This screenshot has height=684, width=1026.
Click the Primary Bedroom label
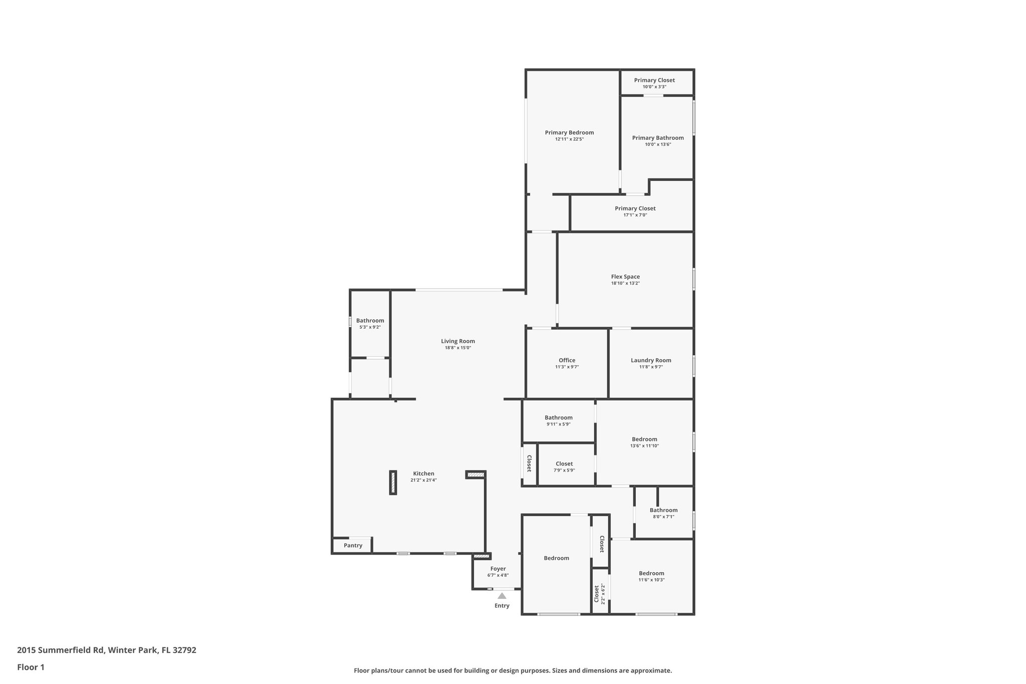[569, 133]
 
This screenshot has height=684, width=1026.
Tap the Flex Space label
[625, 277]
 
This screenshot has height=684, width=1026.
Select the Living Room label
[458, 341]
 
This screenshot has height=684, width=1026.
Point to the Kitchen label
[423, 474]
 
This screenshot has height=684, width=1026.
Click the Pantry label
[353, 545]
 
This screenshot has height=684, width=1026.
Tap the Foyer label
[498, 569]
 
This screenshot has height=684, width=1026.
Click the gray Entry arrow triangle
[502, 596]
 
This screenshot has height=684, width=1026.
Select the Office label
[567, 360]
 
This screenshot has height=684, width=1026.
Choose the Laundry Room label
[651, 360]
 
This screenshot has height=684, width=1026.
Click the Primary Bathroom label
[658, 138]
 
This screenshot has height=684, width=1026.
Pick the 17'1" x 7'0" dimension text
[635, 215]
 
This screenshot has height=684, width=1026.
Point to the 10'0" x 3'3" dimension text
[654, 87]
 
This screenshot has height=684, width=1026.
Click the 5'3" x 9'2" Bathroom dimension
[370, 327]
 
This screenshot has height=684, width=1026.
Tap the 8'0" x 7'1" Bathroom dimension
[663, 517]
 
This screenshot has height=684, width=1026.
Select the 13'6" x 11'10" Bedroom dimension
[644, 446]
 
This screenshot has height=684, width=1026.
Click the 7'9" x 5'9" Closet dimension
[564, 470]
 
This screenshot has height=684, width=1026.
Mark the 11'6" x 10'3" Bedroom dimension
[651, 580]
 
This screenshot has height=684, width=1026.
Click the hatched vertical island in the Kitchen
[393, 483]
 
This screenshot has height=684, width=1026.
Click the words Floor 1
[31, 667]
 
